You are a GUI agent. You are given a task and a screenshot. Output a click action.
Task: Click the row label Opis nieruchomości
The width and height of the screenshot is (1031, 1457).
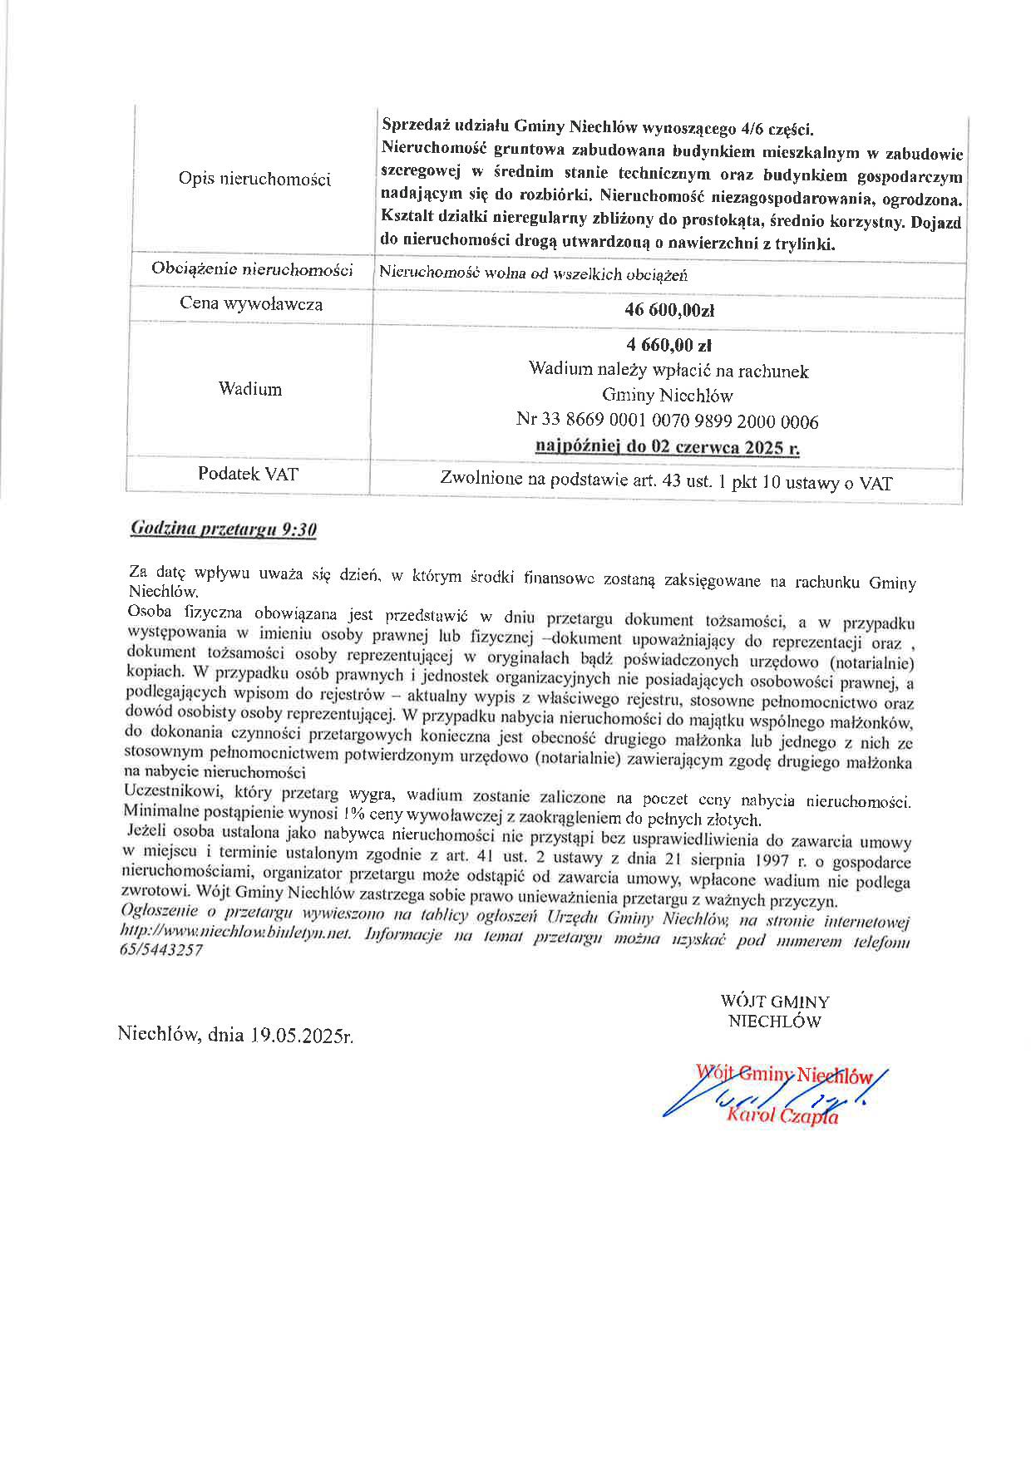pyautogui.click(x=254, y=180)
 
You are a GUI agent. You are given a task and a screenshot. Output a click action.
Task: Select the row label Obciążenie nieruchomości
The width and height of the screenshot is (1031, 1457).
pyautogui.click(x=252, y=269)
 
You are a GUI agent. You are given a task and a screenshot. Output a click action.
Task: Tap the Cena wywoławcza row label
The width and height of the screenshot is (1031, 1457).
pyautogui.click(x=251, y=304)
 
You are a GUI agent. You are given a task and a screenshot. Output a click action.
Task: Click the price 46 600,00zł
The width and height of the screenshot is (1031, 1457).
pyautogui.click(x=669, y=311)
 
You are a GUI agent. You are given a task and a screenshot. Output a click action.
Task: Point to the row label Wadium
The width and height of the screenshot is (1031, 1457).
pyautogui.click(x=250, y=389)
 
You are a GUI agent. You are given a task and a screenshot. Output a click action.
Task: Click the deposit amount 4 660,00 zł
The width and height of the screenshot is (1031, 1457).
pyautogui.click(x=668, y=346)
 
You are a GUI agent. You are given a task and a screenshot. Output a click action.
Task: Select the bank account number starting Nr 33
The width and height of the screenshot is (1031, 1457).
pyautogui.click(x=668, y=421)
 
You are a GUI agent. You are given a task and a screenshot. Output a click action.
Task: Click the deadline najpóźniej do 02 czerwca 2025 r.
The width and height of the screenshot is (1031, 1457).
pyautogui.click(x=668, y=447)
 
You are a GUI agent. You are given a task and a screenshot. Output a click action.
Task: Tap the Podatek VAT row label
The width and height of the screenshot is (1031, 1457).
pyautogui.click(x=248, y=475)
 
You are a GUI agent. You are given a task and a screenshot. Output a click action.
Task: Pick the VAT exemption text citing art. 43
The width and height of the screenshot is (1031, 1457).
pyautogui.click(x=666, y=481)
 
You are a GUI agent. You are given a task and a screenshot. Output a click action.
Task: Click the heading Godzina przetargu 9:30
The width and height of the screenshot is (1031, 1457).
pyautogui.click(x=224, y=529)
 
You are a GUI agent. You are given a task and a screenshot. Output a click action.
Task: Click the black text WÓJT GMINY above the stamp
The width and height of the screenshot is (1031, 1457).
pyautogui.click(x=774, y=1002)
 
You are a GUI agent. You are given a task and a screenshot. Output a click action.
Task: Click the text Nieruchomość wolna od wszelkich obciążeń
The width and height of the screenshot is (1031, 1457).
pyautogui.click(x=533, y=274)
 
